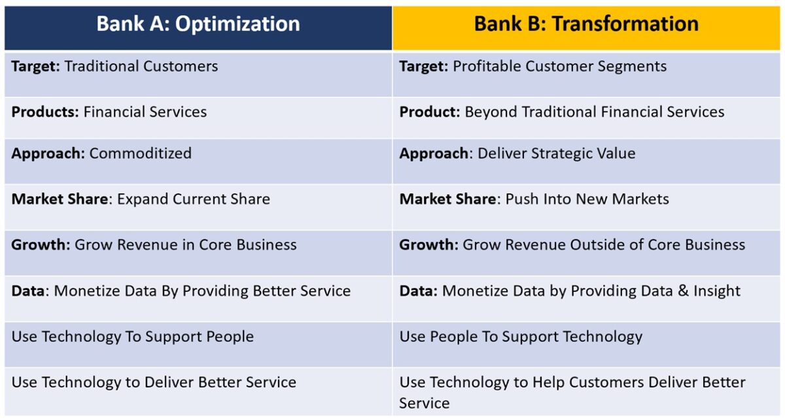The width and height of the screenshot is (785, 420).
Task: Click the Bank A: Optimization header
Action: click(198, 24)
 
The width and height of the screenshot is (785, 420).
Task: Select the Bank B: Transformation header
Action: click(586, 24)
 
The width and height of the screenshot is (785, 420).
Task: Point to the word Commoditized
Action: click(140, 153)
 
